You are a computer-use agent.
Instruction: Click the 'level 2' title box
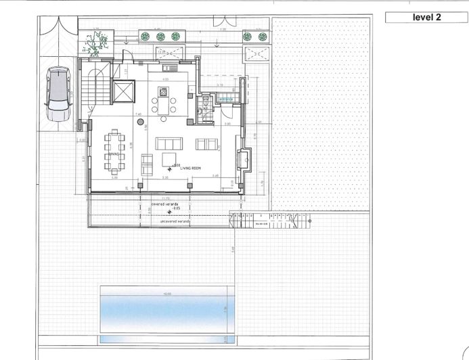pos(426,18)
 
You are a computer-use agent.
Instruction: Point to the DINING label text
pos(113,155)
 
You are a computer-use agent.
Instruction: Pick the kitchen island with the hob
pos(164,92)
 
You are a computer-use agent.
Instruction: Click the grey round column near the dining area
pos(141,124)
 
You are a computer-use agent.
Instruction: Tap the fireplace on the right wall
pos(241,161)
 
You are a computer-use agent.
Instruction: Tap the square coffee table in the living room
pos(169,159)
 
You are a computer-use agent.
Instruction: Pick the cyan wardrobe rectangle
pos(225,99)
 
